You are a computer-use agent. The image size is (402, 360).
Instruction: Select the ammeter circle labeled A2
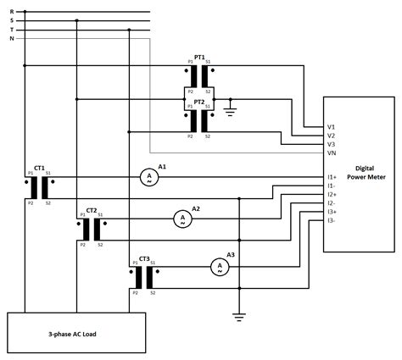pyautogui.click(x=181, y=219)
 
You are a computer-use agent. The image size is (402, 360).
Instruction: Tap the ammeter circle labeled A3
pyautogui.click(x=218, y=266)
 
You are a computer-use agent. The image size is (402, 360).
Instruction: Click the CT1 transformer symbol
pyautogui.click(x=39, y=187)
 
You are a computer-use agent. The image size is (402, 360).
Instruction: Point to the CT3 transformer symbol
pyautogui.click(x=143, y=277)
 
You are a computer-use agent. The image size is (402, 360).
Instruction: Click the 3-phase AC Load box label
pyautogui.click(x=72, y=334)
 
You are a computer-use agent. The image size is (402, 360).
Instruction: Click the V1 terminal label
pyautogui.click(x=331, y=127)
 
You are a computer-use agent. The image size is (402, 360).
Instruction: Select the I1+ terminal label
pyautogui.click(x=332, y=177)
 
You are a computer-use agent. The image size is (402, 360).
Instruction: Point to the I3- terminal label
pyautogui.click(x=332, y=220)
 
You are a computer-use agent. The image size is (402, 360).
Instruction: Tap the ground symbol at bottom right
pyautogui.click(x=240, y=317)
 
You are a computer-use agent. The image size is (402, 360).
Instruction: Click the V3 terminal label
pyautogui.click(x=331, y=144)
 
